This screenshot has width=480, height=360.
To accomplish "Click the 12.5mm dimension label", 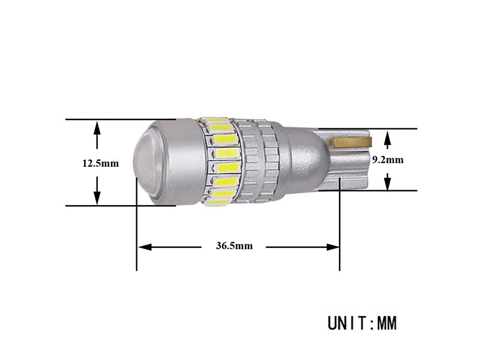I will [100, 163].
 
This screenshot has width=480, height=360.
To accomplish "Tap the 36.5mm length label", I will [233, 246].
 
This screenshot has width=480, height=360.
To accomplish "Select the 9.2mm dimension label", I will [388, 160].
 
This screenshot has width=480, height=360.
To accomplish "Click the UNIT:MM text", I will [362, 323].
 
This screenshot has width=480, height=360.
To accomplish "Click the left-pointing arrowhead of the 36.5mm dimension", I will [145, 246].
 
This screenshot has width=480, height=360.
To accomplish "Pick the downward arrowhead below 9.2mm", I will [388, 184].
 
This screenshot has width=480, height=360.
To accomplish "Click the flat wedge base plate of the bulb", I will [348, 168].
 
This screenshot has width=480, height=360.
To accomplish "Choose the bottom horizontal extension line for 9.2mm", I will [384, 191].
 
